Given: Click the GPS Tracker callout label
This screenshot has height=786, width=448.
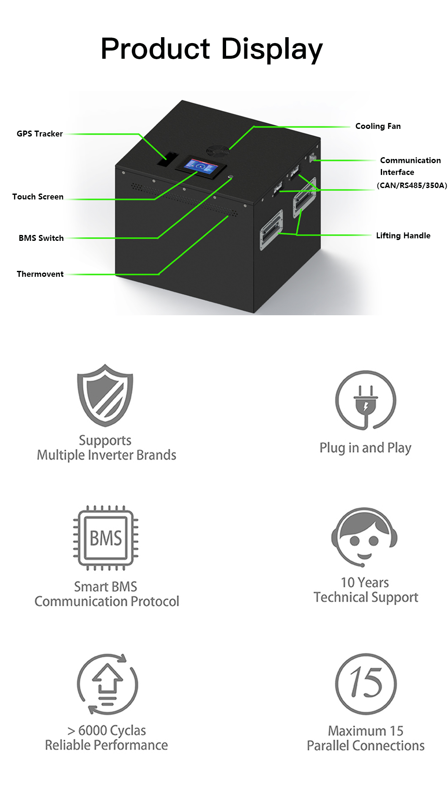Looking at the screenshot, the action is click(x=40, y=134).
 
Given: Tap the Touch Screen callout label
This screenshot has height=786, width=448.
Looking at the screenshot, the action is click(x=38, y=196).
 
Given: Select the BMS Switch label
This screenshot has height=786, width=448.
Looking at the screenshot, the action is click(x=41, y=238).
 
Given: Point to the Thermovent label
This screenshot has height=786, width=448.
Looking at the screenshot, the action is click(x=40, y=274).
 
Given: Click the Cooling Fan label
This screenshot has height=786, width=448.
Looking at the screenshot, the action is click(x=378, y=126).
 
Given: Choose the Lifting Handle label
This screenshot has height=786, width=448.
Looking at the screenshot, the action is click(x=403, y=235).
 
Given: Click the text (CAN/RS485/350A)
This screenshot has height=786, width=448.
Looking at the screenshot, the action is click(x=412, y=185).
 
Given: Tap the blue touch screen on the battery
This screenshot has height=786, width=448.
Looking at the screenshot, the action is click(x=201, y=166).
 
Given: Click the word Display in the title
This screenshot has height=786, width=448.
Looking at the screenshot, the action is click(x=272, y=49).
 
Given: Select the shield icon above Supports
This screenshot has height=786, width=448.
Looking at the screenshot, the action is click(x=105, y=396).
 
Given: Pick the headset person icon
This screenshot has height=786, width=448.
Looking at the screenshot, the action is click(x=364, y=537).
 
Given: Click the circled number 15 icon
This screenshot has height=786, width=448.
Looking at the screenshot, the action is click(x=366, y=684).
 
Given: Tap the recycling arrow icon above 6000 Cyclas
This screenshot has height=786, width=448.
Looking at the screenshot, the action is click(x=107, y=684).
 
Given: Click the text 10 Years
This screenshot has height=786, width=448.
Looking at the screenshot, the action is click(x=365, y=583).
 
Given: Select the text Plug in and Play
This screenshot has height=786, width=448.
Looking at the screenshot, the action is click(x=366, y=448).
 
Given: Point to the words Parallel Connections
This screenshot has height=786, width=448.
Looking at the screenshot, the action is click(x=366, y=746).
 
